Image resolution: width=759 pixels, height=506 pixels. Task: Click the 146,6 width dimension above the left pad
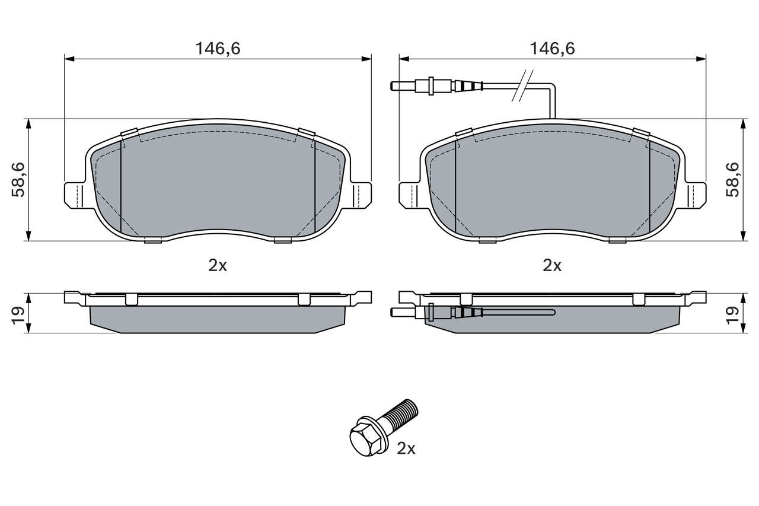[x=218, y=49]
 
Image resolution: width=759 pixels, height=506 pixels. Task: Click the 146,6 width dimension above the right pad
[x=552, y=49]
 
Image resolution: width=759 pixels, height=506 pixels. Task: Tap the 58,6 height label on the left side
[x=18, y=180]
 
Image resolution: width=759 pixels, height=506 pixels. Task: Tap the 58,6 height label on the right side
[x=732, y=180]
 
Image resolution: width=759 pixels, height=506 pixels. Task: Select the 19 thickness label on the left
[x=18, y=316]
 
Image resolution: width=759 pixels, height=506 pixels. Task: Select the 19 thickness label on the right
[x=732, y=316]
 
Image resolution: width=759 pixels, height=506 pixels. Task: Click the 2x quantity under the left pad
[x=218, y=266]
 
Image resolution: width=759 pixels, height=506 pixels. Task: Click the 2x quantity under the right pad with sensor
[x=552, y=266]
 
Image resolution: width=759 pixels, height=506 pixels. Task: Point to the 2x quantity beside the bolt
[x=406, y=448]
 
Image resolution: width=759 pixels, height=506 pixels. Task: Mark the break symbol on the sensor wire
[x=522, y=86]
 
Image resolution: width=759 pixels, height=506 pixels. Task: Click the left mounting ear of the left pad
[x=75, y=196]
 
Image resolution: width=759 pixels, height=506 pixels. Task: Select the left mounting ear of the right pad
[x=410, y=196]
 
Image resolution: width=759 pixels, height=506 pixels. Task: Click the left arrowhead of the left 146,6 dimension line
[x=69, y=59]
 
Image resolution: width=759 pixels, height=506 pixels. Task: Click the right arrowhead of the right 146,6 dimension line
[x=701, y=59]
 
